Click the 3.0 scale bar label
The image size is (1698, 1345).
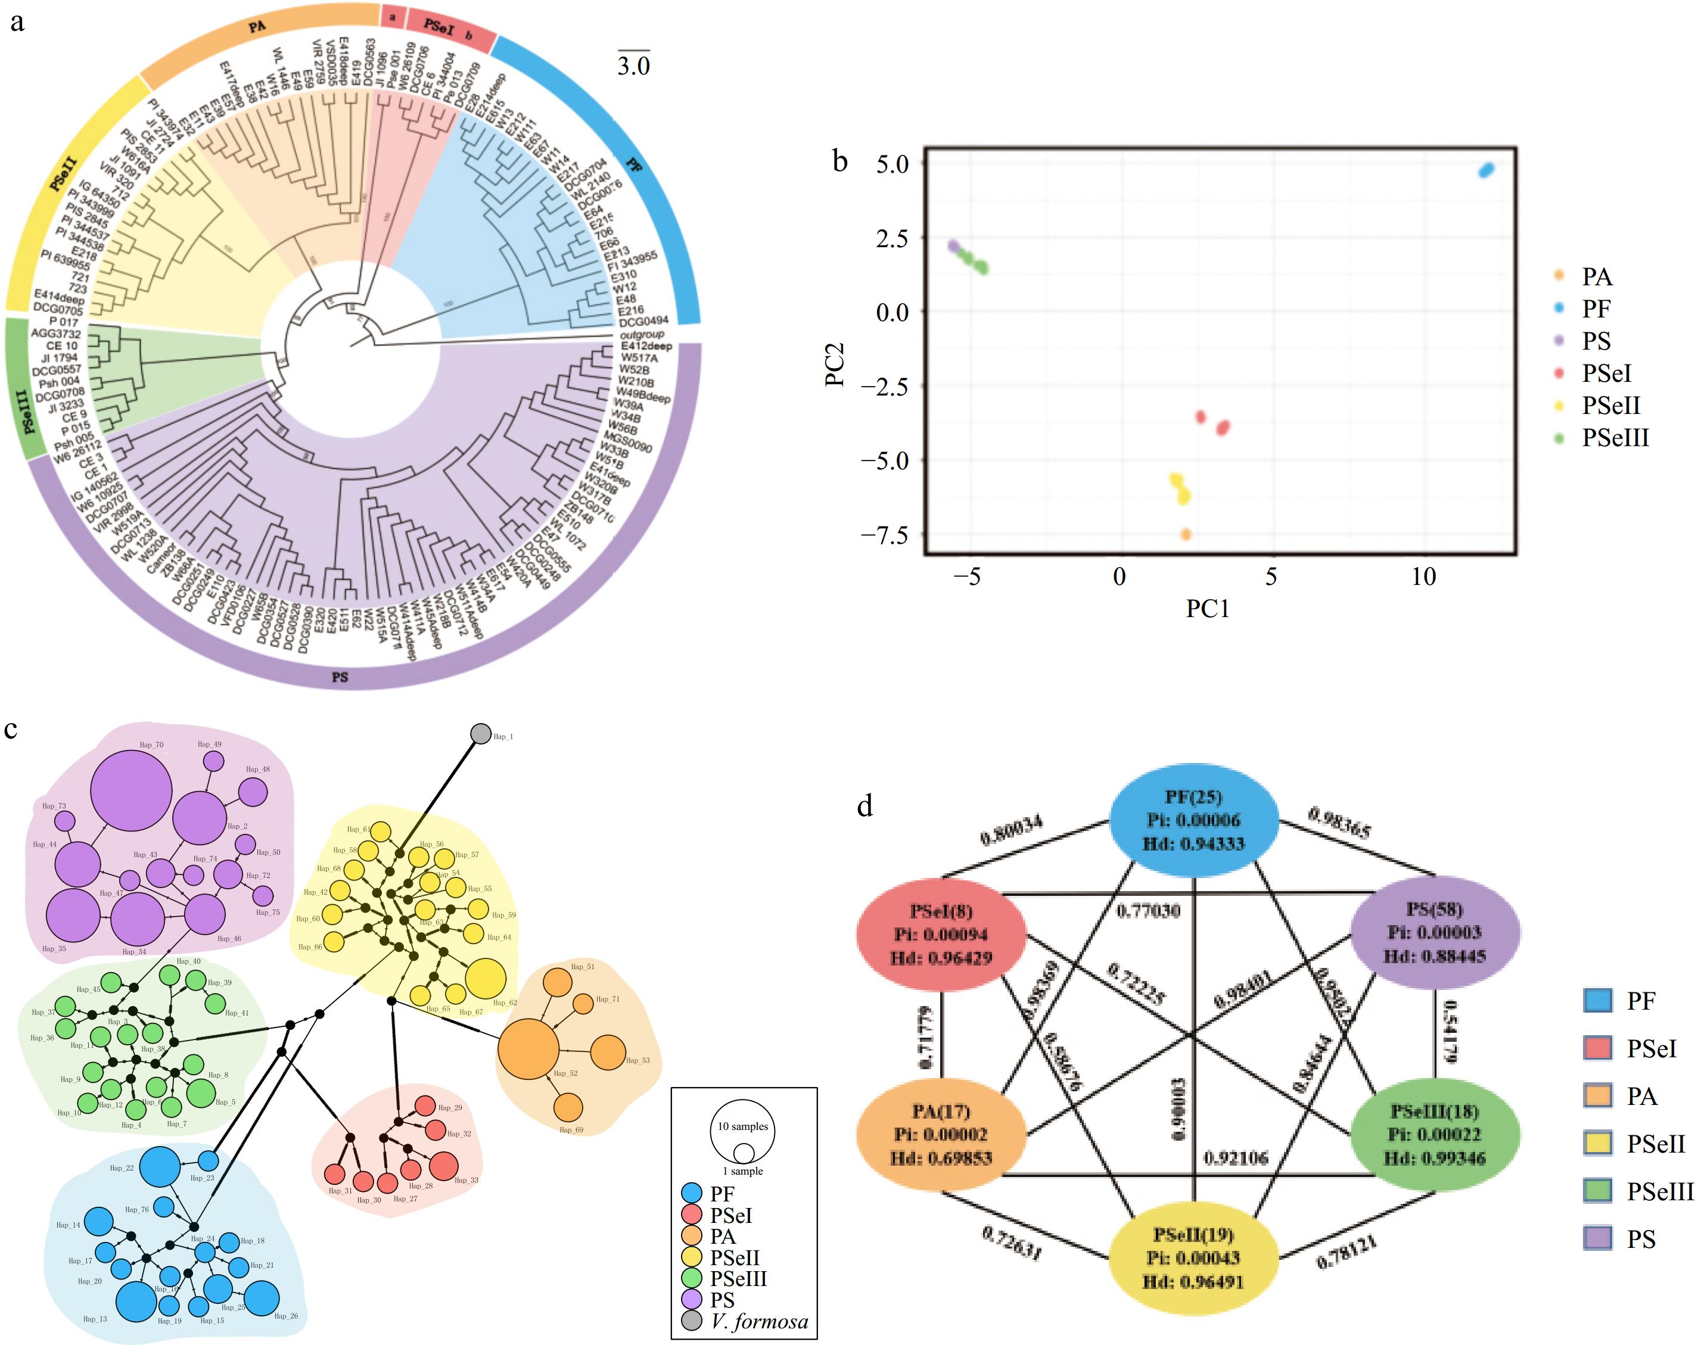[x=633, y=66]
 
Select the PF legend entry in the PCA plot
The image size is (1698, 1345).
[x=1596, y=309]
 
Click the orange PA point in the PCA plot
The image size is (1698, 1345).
[x=1185, y=534]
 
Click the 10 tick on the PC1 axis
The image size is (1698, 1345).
[x=1423, y=577]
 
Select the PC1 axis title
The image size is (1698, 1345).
[x=1207, y=609]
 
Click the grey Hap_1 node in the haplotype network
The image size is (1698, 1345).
[x=480, y=733]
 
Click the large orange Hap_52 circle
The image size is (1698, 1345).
[x=528, y=1049]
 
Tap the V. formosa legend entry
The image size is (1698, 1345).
[x=758, y=1321]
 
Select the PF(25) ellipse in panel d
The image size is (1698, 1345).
[x=1194, y=820]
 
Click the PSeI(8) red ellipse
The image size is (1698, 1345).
[x=941, y=935]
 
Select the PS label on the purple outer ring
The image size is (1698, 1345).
[x=340, y=677]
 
